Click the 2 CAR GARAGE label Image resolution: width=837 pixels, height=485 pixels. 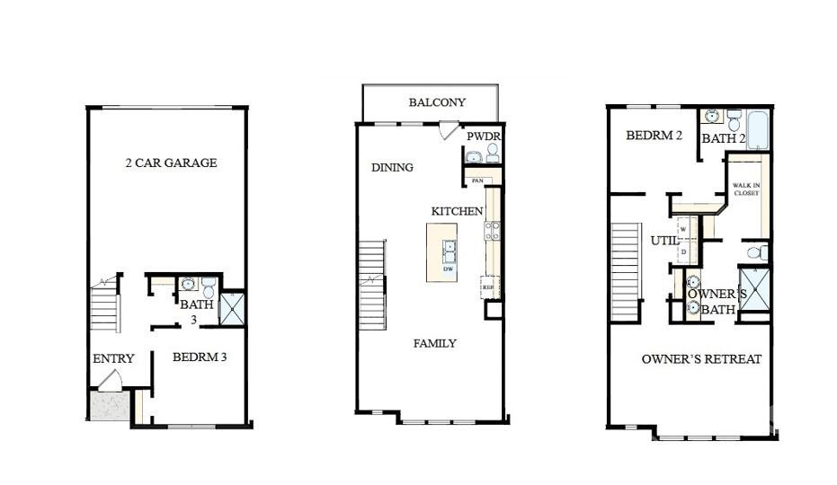[x=171, y=163]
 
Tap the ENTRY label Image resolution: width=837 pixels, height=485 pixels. [x=113, y=358]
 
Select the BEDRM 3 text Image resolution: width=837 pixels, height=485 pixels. [x=199, y=357]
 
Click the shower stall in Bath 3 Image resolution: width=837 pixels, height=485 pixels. [x=232, y=307]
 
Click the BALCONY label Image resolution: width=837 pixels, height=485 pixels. [x=437, y=102]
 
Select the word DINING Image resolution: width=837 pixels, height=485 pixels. [x=392, y=167]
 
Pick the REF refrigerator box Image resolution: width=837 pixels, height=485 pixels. [x=490, y=287]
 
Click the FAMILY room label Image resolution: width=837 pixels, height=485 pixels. [x=434, y=343]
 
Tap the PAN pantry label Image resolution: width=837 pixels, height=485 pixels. [x=476, y=181]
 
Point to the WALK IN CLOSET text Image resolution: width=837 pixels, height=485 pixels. [x=746, y=189]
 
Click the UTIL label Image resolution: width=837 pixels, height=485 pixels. [x=664, y=241]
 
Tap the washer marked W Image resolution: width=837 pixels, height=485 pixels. [x=683, y=230]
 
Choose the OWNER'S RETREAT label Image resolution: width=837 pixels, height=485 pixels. [x=701, y=358]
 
